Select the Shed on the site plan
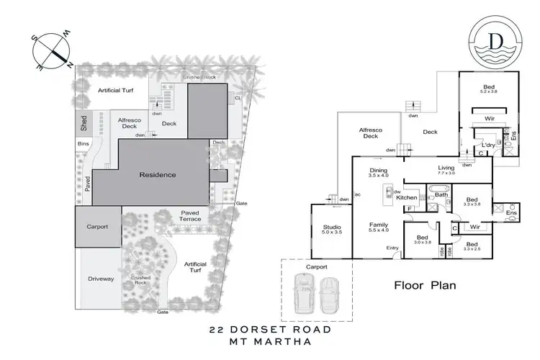pos(84,124)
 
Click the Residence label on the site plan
pos(158,175)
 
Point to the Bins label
pos(82,144)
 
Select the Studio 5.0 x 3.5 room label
pos(331,229)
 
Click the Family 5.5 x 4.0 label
pos(379,228)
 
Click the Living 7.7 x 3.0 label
pos(447,170)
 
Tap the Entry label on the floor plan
pos(392,248)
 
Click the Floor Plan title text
pos(425,284)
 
